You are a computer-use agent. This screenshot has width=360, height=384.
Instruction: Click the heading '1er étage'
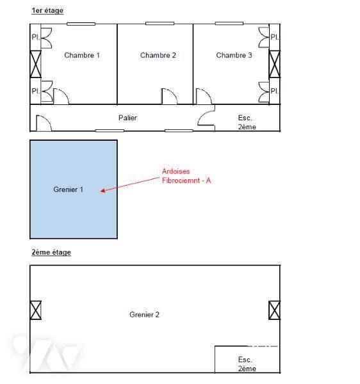tap(47, 10)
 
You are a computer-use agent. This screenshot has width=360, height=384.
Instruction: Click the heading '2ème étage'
tap(51, 252)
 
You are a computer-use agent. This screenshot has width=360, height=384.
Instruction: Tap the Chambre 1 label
tap(82, 55)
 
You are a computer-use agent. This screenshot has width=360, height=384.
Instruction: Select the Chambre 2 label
tap(158, 55)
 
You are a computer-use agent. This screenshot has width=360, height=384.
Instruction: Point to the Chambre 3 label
tap(234, 55)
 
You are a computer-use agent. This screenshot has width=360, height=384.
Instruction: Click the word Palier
tap(127, 118)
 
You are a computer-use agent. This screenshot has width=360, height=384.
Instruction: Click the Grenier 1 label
tap(68, 189)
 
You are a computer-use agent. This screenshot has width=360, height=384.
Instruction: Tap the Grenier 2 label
tap(144, 314)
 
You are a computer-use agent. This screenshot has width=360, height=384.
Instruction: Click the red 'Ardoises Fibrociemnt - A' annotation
tap(186, 176)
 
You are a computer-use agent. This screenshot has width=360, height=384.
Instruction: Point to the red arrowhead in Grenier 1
tap(103, 191)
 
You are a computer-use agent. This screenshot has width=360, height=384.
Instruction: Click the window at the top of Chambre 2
tap(160, 24)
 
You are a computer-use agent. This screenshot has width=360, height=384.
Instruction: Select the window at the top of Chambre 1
tap(81, 24)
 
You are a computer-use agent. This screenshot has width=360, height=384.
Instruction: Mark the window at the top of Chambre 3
tap(229, 24)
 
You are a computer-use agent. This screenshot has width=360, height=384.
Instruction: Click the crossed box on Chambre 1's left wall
tap(35, 64)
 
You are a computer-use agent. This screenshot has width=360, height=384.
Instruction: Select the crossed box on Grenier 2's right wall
tap(274, 310)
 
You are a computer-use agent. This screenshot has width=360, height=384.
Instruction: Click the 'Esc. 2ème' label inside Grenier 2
tap(247, 364)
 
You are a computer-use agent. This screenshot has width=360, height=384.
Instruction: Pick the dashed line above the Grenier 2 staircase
tap(263, 346)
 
